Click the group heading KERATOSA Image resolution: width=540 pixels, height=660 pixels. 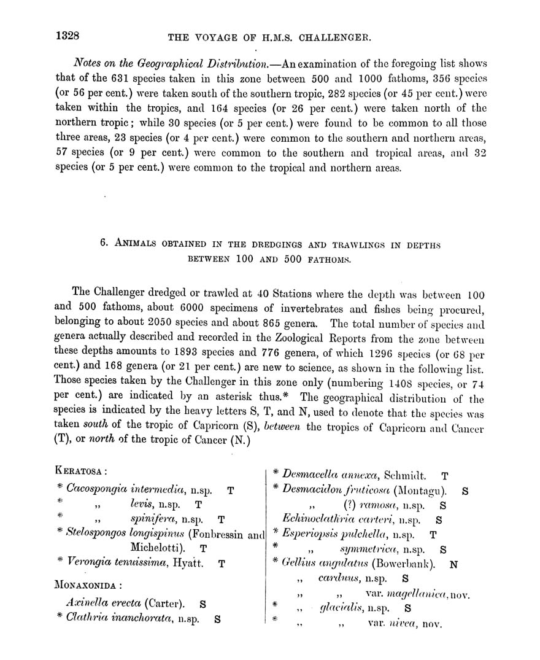click(x=81, y=472)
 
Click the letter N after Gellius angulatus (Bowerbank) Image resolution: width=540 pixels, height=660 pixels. click(x=453, y=563)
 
